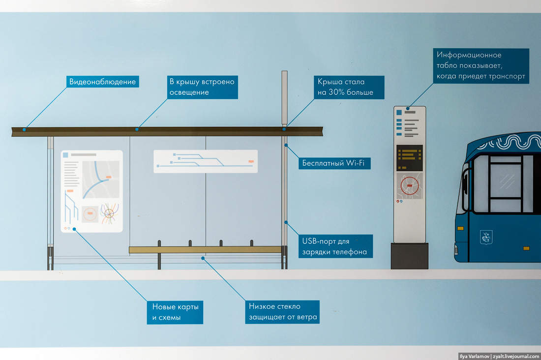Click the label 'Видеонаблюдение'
(x=102, y=82)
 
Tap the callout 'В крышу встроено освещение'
(x=202, y=87)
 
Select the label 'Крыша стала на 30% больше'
(x=349, y=87)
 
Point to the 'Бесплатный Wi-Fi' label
(x=334, y=163)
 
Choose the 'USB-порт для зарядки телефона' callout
(x=336, y=246)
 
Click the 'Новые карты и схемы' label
(x=175, y=312)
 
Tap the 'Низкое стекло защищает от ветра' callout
(x=282, y=312)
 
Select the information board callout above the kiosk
(x=481, y=66)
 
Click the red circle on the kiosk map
(x=410, y=185)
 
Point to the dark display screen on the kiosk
(x=410, y=157)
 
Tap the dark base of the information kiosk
(x=410, y=256)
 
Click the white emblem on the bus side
(x=486, y=238)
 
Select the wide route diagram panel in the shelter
(x=206, y=161)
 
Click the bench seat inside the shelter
(x=205, y=249)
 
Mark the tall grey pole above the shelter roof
(x=284, y=97)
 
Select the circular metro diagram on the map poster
(x=109, y=213)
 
